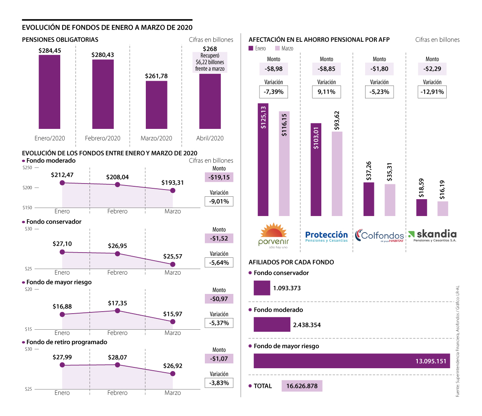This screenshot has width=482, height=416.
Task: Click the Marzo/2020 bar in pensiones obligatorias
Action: point(156,105)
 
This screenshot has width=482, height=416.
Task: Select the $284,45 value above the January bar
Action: point(50,51)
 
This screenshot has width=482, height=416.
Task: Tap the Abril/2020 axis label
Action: point(210,138)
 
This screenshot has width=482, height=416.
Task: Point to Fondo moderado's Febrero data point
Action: point(117,185)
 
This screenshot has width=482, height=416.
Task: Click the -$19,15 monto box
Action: point(219,177)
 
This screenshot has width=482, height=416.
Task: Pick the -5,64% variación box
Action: point(219,263)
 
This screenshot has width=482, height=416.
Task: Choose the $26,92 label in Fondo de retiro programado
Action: point(173,366)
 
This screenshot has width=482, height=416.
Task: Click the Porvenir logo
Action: point(274,236)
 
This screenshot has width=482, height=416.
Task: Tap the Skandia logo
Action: point(433,236)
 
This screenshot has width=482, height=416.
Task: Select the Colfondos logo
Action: point(380,236)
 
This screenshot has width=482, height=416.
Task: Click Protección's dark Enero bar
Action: point(316,169)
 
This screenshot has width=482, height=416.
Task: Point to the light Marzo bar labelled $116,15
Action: point(284,163)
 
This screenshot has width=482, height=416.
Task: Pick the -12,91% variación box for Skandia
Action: point(432,92)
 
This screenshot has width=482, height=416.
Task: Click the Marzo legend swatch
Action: point(278,48)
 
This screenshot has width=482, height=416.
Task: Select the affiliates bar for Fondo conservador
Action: point(262,288)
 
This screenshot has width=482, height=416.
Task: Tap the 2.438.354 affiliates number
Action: point(307,325)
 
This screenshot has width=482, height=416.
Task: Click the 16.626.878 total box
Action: point(302,386)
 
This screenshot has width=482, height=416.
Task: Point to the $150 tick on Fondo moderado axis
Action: point(27,208)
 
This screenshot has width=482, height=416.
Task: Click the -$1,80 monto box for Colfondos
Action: point(380,69)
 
